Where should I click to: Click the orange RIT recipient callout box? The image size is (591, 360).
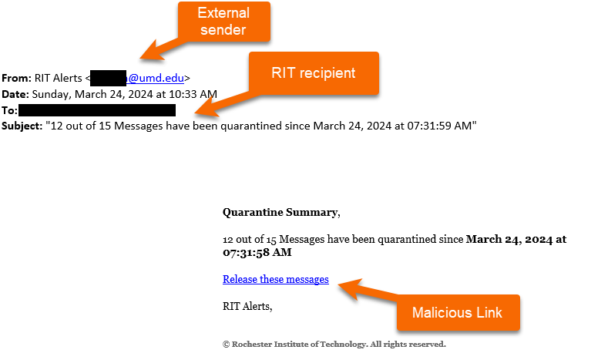[x=313, y=73]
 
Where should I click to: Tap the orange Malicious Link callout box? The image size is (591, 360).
[x=458, y=313]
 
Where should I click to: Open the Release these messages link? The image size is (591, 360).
[x=275, y=279]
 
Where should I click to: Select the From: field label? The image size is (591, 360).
[x=15, y=78]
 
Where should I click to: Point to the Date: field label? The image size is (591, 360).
[x=15, y=94]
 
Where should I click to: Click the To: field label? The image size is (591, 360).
[x=9, y=110]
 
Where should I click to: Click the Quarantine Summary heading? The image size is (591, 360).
[x=280, y=212]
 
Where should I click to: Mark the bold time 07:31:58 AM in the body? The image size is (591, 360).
[x=257, y=252]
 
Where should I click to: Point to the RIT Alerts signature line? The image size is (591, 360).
[x=247, y=306]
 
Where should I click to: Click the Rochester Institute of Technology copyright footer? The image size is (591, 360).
[x=334, y=344]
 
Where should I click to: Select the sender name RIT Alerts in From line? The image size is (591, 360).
[x=60, y=78]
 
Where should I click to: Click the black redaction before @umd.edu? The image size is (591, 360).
[x=108, y=78]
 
